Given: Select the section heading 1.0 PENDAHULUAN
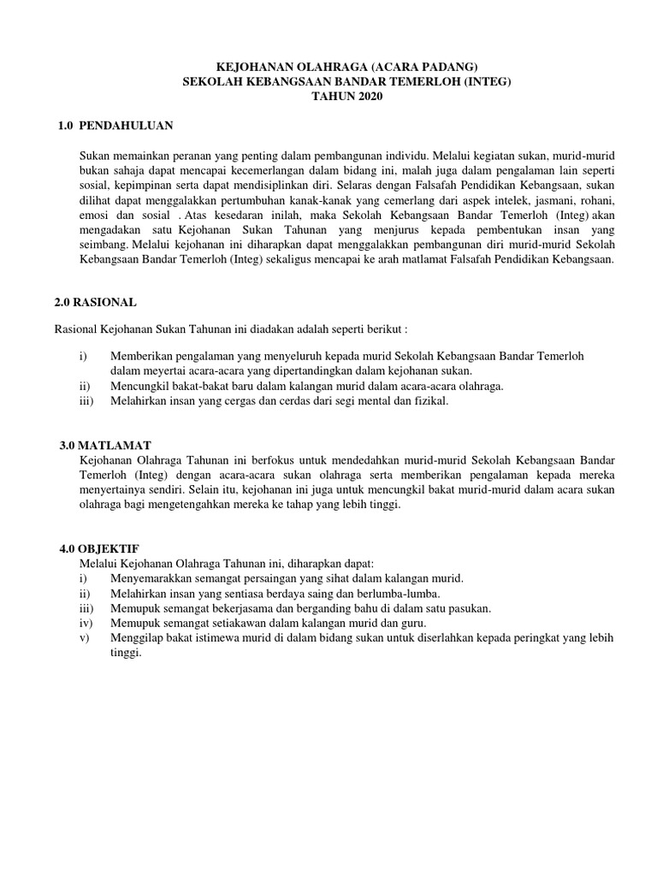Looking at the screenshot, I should pyautogui.click(x=115, y=126).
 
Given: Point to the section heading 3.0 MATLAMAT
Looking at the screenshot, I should pyautogui.click(x=105, y=446).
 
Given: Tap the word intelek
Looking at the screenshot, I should pyautogui.click(x=494, y=198).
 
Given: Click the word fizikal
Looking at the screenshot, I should pyautogui.click(x=429, y=400).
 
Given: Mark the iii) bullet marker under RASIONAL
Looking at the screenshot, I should pyautogui.click(x=86, y=400).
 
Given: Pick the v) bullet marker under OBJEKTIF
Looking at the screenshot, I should pyautogui.click(x=83, y=637).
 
